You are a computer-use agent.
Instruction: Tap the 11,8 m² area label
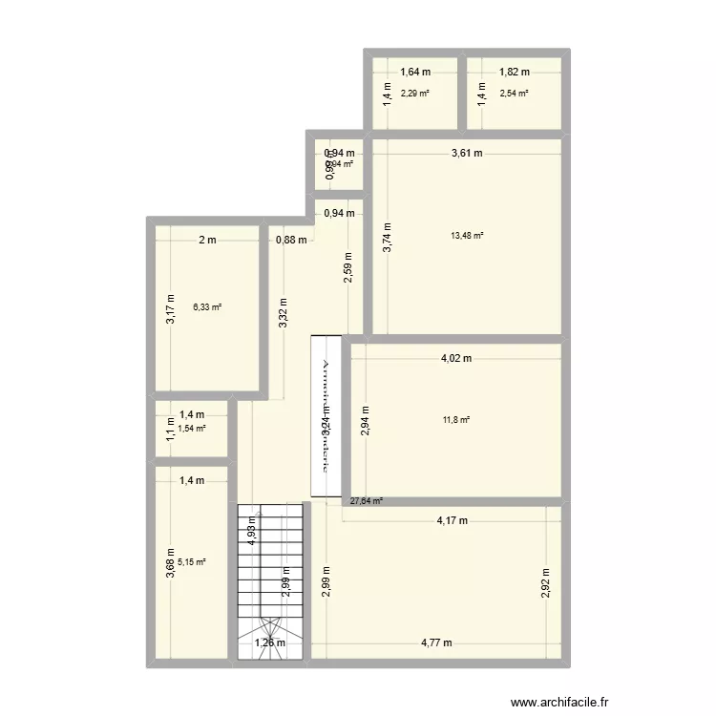(456, 418)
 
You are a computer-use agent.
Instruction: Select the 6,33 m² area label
(207, 306)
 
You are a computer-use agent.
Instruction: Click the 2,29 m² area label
(414, 93)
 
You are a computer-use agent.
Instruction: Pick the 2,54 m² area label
(514, 93)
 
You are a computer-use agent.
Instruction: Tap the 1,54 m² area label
(192, 429)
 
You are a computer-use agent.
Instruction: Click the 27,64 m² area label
(366, 500)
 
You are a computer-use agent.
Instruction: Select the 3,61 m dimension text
(467, 153)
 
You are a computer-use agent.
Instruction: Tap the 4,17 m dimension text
(452, 521)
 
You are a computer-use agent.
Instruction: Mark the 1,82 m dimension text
(515, 72)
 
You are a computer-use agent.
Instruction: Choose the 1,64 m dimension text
(415, 72)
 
